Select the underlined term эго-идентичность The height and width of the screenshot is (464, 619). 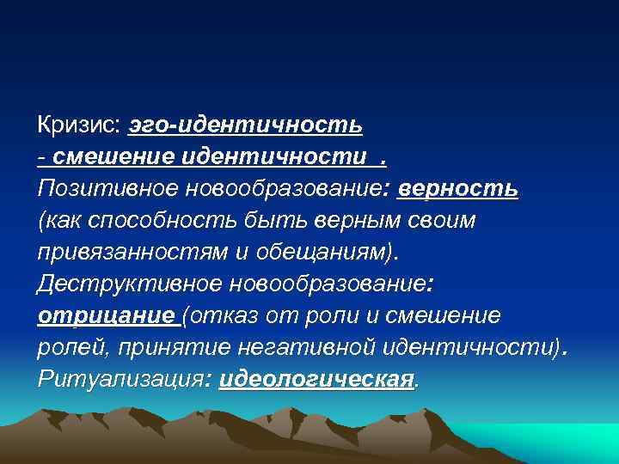246,126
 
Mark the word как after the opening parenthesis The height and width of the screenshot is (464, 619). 62,221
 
